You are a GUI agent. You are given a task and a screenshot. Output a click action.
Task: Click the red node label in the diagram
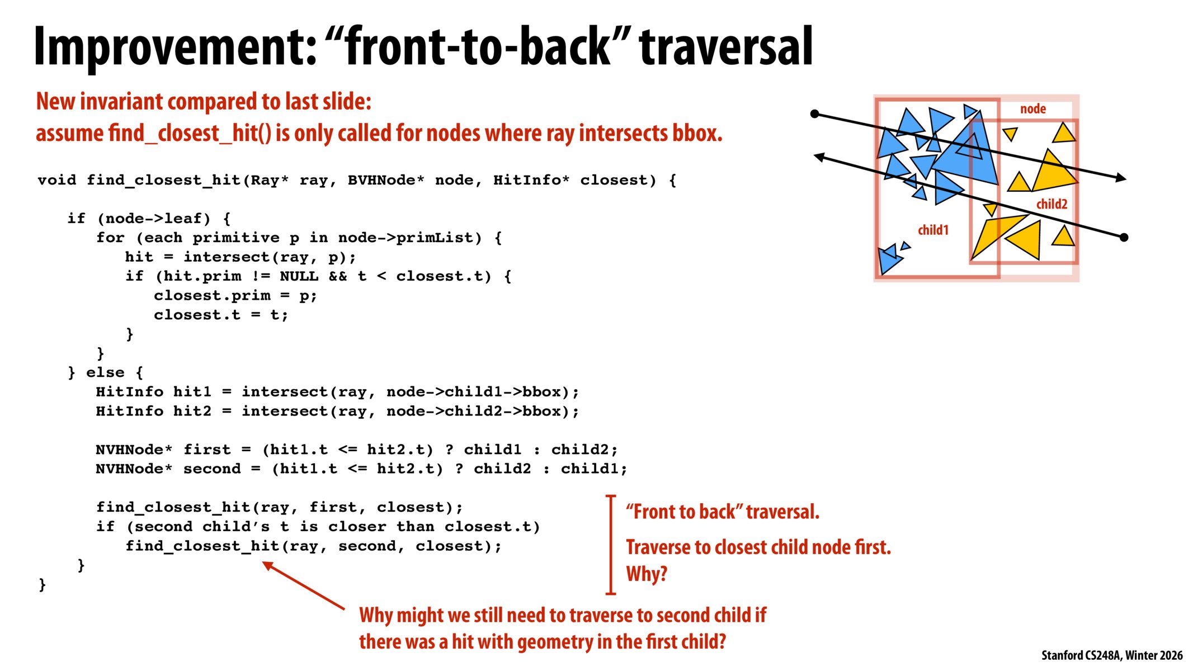1032,109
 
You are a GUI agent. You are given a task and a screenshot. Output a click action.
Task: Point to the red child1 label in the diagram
933,230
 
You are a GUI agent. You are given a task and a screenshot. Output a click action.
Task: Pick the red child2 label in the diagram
1051,204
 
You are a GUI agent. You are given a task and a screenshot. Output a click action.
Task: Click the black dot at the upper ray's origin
815,114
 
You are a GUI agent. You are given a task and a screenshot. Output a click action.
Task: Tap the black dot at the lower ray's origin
1124,238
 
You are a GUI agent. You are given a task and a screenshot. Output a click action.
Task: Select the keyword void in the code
57,180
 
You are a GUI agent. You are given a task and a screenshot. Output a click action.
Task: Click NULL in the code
299,276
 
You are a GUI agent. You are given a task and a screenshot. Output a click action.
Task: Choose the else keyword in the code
105,372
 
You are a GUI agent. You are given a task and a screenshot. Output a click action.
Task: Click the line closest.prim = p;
235,296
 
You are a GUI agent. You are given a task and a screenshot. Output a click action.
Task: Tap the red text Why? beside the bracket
647,574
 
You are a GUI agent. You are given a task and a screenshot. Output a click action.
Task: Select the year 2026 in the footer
1171,655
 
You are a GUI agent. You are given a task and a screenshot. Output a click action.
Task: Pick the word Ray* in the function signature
269,180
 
